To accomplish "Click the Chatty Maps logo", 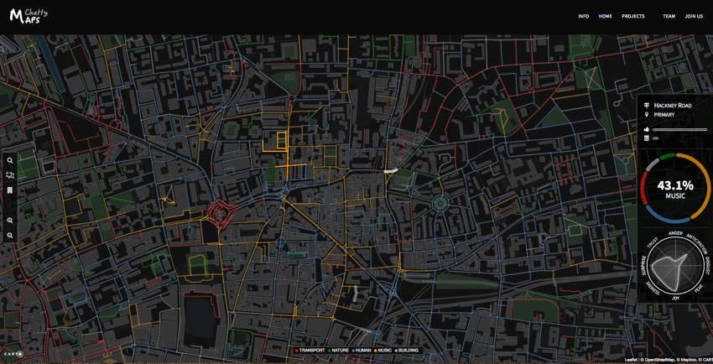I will pyautogui.click(x=29, y=15).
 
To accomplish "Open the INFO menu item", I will pyautogui.click(x=583, y=16).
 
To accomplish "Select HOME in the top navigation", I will pyautogui.click(x=605, y=16).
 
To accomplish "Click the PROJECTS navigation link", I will pyautogui.click(x=633, y=16).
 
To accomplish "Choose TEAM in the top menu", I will pyautogui.click(x=669, y=16).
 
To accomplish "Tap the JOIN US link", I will pyautogui.click(x=694, y=16).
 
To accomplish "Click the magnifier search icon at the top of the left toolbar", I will pyautogui.click(x=10, y=160).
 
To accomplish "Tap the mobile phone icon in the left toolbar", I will pyautogui.click(x=10, y=190).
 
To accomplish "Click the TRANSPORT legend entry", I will pyautogui.click(x=310, y=351).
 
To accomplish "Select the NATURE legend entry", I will pyautogui.click(x=339, y=351).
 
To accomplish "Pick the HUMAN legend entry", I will pyautogui.click(x=362, y=351).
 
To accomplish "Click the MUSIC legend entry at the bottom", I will pyautogui.click(x=383, y=351).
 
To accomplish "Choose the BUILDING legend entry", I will pyautogui.click(x=407, y=351).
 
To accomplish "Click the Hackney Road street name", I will pyautogui.click(x=673, y=106).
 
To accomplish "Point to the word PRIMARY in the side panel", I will pyautogui.click(x=664, y=115).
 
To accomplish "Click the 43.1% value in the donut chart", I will pyautogui.click(x=675, y=185).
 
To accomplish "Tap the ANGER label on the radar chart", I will pyautogui.click(x=675, y=233).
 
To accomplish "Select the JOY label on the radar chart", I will pyautogui.click(x=675, y=298).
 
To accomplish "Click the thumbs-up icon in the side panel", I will pyautogui.click(x=647, y=129).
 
